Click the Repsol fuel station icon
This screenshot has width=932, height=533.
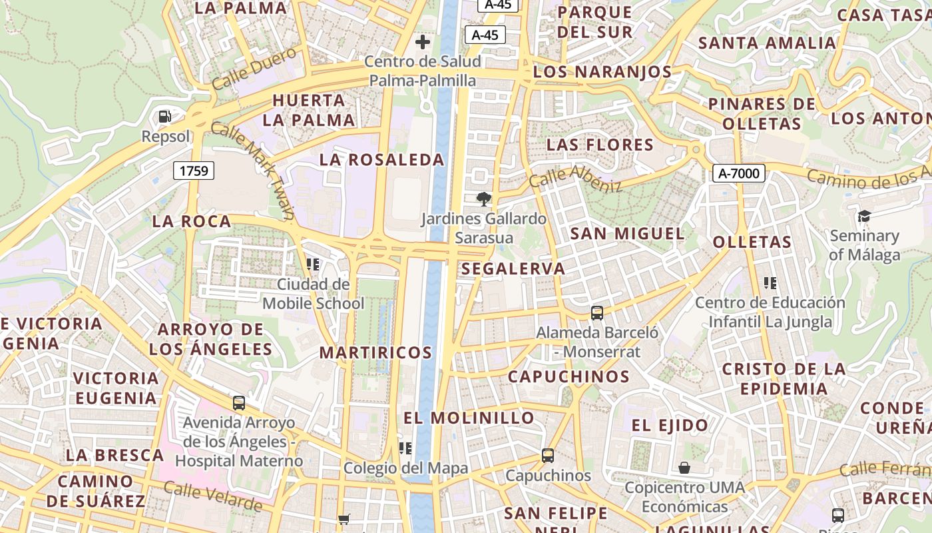click(x=164, y=117)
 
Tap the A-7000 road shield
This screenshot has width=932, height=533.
click(x=739, y=173)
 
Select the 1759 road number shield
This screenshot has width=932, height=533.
click(x=194, y=171)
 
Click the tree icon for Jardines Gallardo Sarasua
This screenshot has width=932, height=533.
click(x=484, y=199)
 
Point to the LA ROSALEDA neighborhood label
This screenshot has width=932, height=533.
click(x=381, y=160)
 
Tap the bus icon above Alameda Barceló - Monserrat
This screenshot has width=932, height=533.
click(x=597, y=312)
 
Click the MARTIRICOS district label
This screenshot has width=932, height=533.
click(x=376, y=352)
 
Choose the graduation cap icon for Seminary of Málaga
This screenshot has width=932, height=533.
click(x=864, y=216)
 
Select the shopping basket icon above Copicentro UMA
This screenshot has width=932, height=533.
click(x=684, y=468)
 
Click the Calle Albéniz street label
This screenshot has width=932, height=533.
click(x=576, y=179)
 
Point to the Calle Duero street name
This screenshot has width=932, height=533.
click(x=254, y=68)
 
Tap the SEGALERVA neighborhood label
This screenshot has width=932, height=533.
click(x=513, y=269)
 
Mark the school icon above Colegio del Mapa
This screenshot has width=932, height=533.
click(x=405, y=448)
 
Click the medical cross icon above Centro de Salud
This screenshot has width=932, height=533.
click(x=422, y=43)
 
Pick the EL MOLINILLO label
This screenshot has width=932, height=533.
click(x=469, y=418)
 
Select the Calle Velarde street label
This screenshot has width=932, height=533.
click(x=213, y=497)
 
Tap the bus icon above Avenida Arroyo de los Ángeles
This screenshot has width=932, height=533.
click(x=239, y=403)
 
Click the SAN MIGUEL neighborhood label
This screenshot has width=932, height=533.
click(x=627, y=234)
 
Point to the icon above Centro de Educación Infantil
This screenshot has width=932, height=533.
click(x=770, y=283)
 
